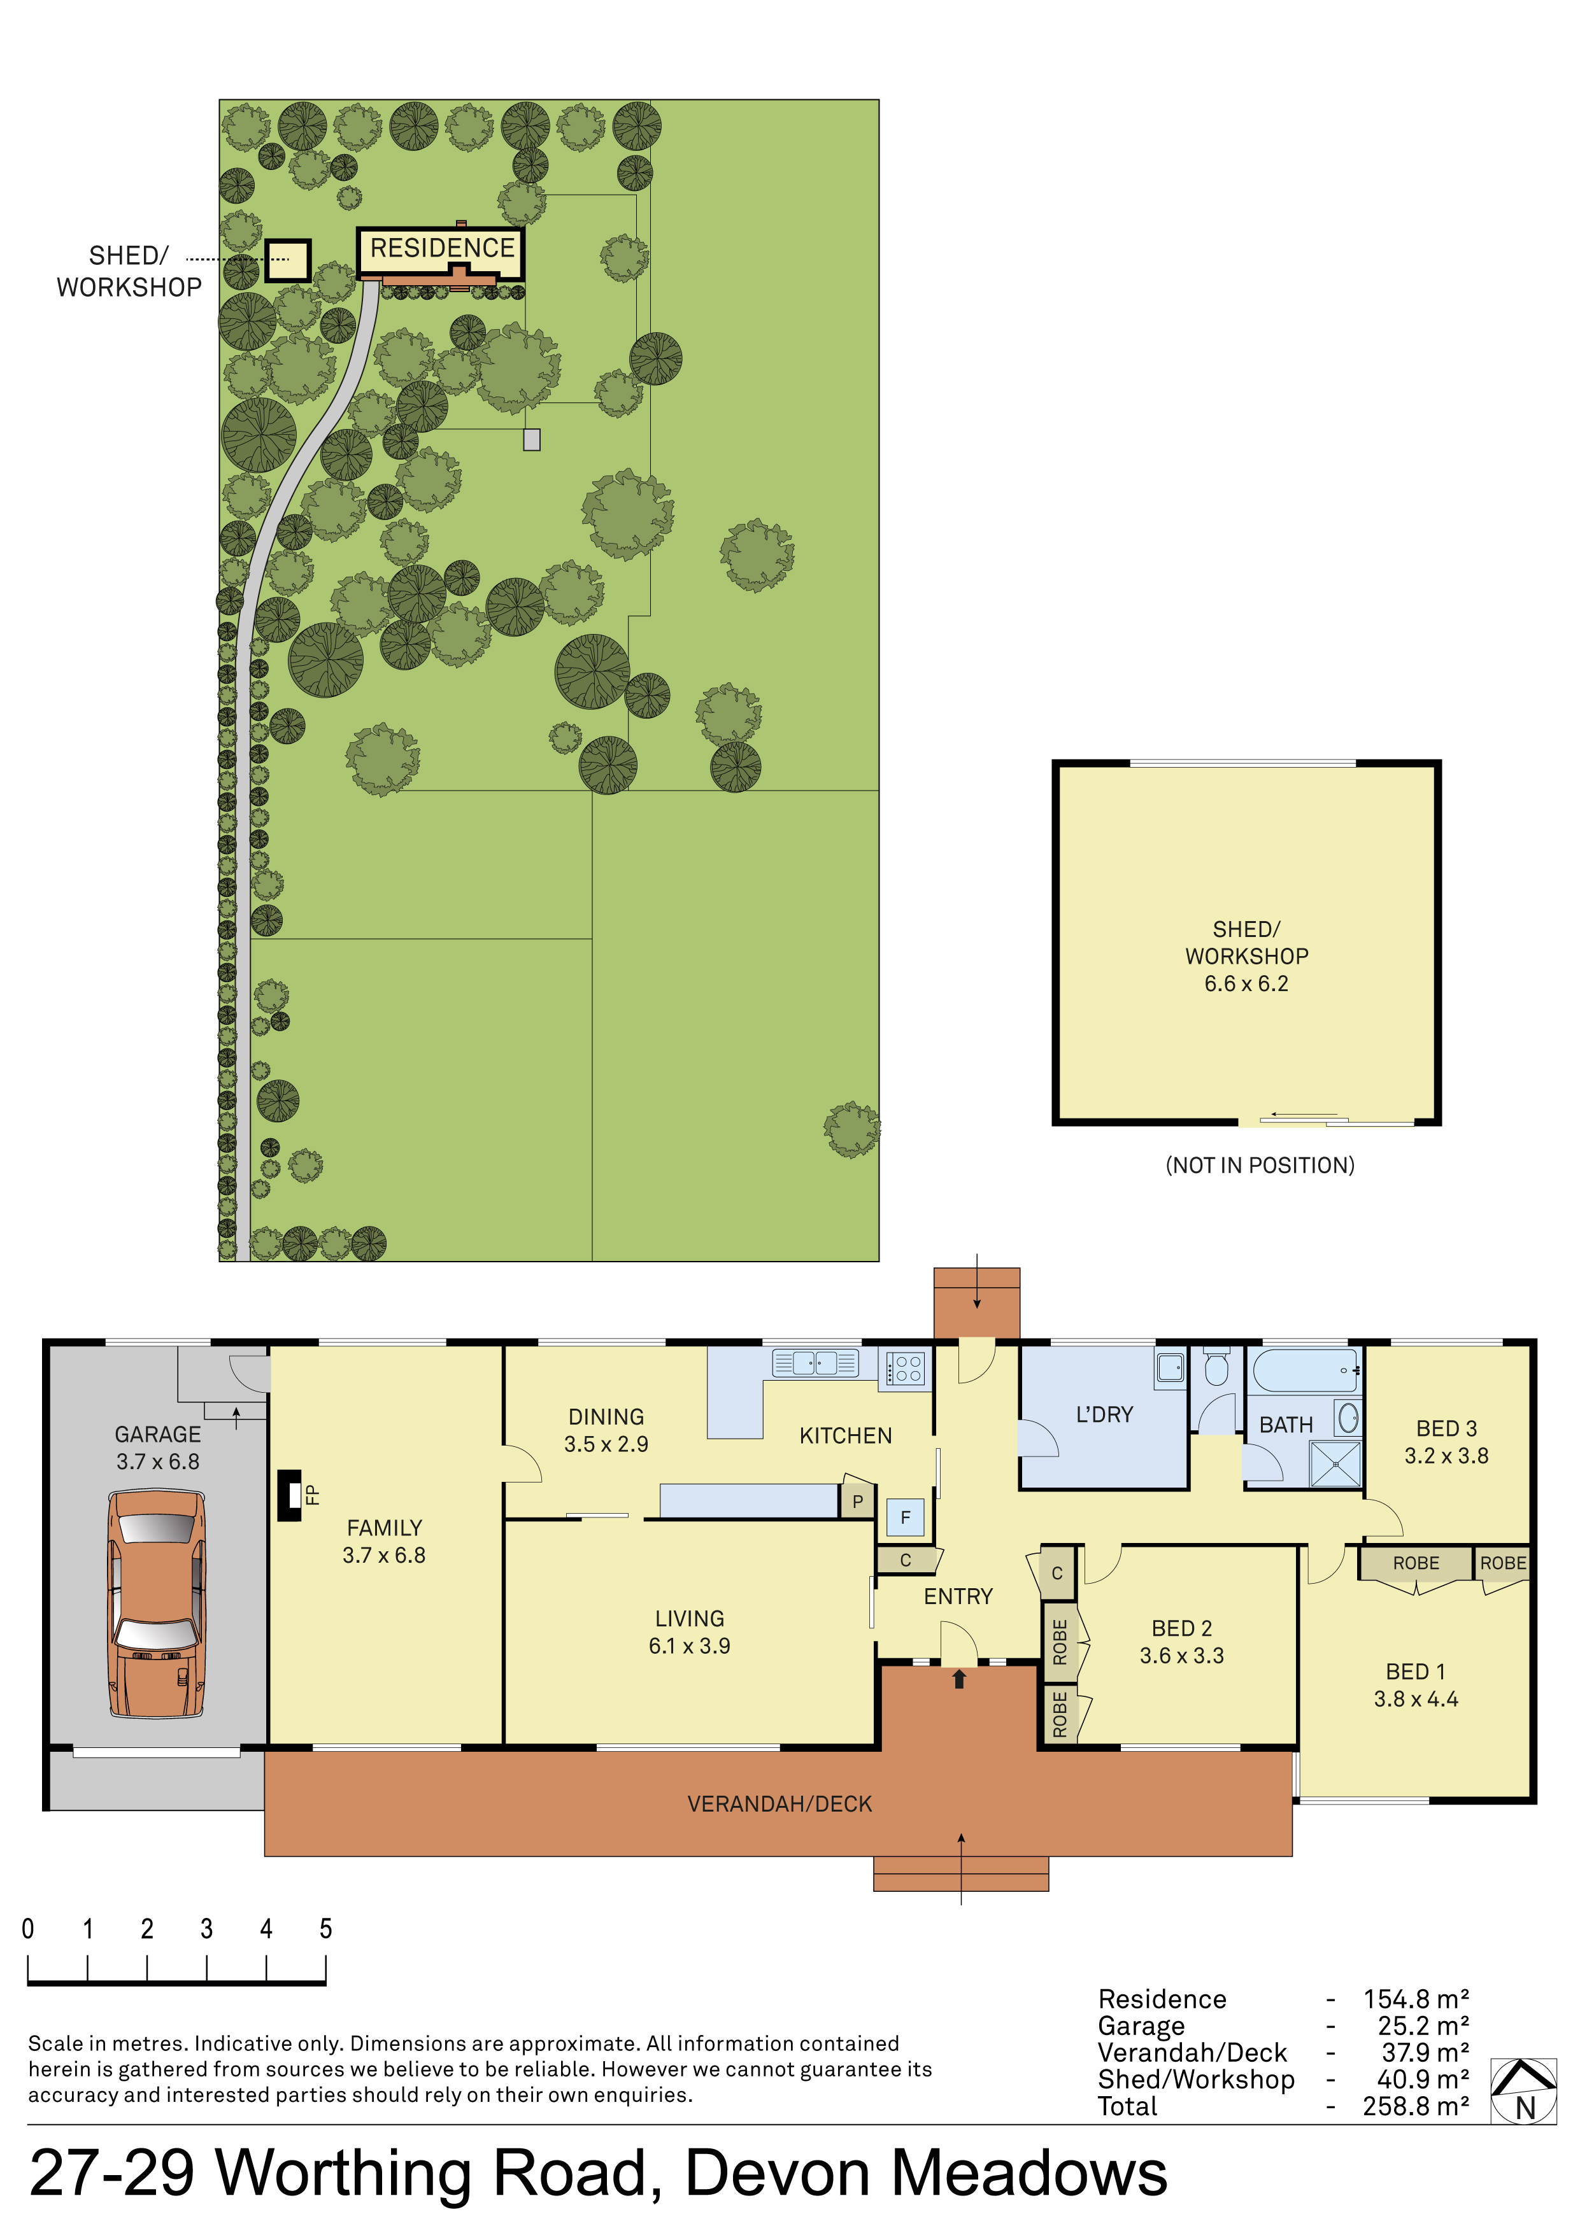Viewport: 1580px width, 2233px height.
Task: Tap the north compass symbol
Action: (x=1523, y=2091)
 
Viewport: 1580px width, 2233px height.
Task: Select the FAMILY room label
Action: (x=384, y=1528)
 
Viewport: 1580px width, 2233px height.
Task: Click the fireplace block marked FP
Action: (x=290, y=1495)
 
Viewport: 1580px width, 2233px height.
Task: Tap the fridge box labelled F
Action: (x=905, y=1517)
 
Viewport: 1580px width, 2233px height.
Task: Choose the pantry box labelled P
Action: (x=857, y=1501)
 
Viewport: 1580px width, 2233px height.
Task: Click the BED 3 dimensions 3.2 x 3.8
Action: (x=1446, y=1455)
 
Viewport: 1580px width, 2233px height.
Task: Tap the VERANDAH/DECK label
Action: (x=779, y=1804)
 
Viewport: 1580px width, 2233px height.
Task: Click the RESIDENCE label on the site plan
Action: (x=442, y=248)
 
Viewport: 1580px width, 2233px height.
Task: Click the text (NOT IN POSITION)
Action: (x=1260, y=1165)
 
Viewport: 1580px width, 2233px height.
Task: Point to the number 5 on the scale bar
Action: (x=326, y=1929)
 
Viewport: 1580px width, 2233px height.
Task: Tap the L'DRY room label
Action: (x=1104, y=1414)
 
